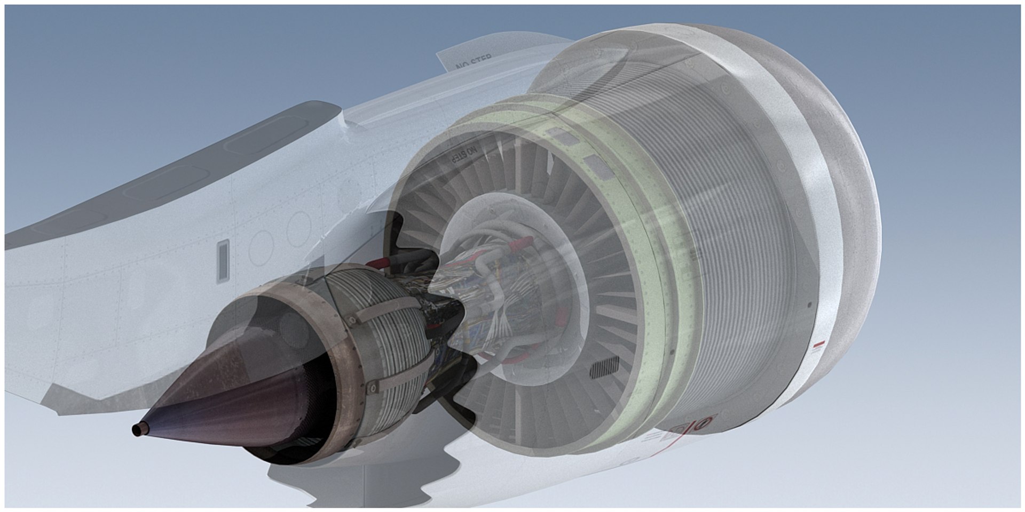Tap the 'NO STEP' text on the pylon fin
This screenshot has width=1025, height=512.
(x=474, y=62)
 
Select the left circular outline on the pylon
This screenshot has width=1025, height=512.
(x=261, y=247)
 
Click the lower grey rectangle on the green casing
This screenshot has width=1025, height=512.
(x=596, y=166)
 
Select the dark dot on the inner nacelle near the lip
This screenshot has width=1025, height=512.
(x=810, y=305)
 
